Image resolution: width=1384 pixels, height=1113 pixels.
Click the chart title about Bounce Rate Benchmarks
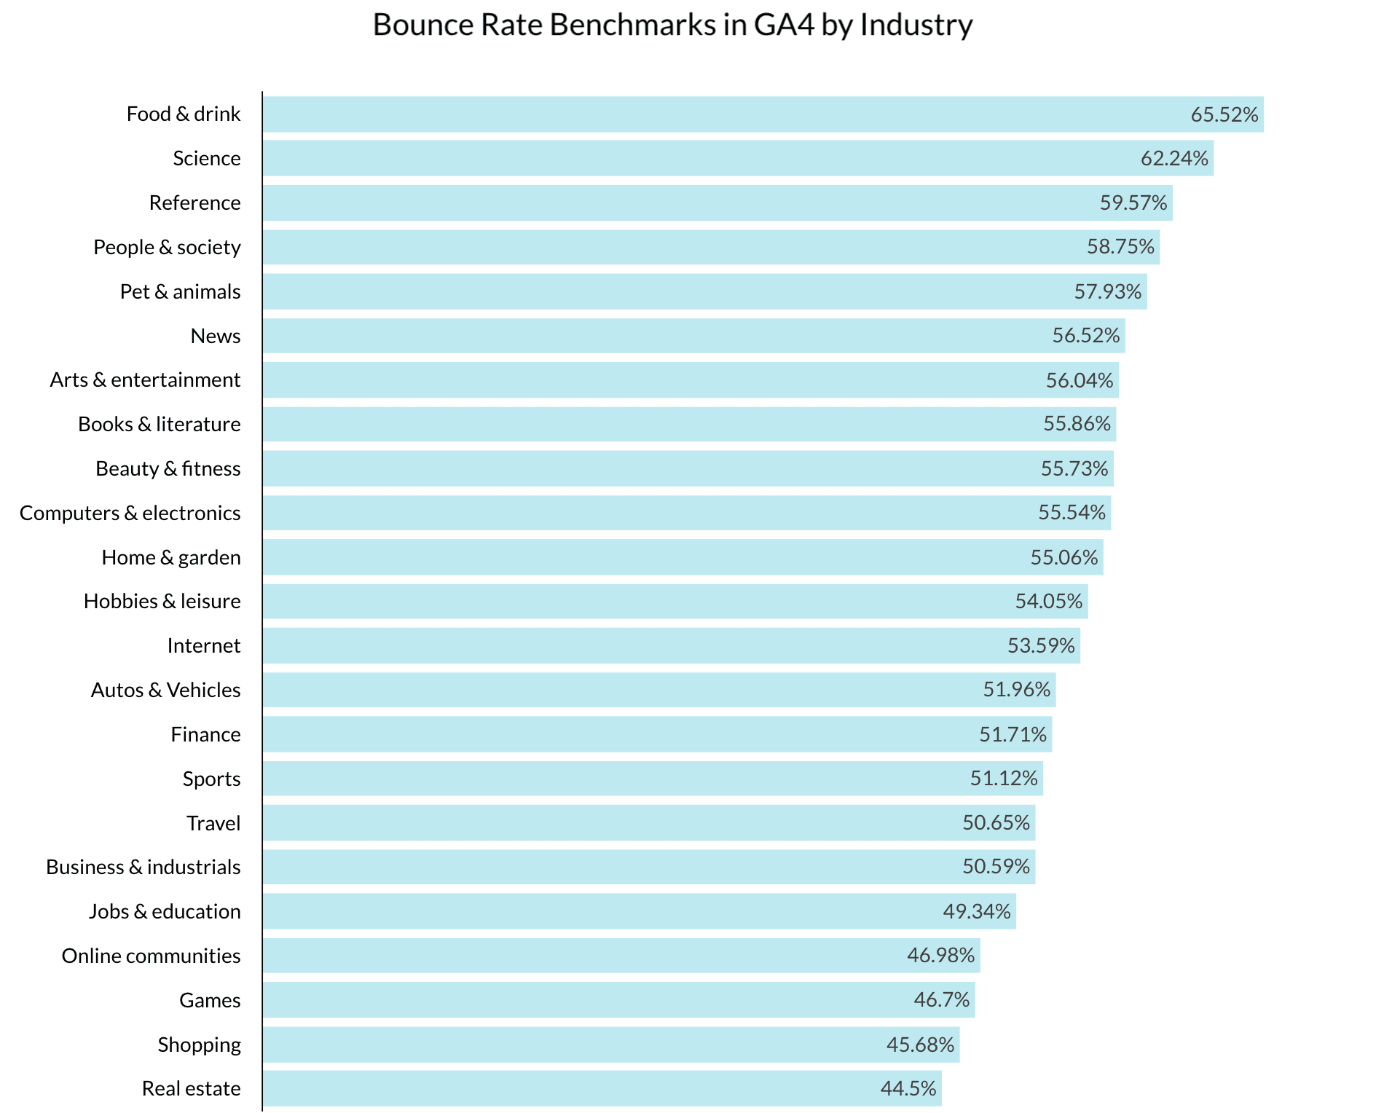point(672,25)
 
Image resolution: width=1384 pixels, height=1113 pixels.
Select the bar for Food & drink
point(728,114)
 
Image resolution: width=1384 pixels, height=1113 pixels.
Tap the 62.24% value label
point(1174,158)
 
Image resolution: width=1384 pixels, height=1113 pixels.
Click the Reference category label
point(194,202)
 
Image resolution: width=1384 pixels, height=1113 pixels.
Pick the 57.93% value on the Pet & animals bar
point(1107,291)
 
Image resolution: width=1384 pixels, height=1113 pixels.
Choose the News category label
point(216,336)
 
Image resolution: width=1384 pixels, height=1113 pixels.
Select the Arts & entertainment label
point(145,379)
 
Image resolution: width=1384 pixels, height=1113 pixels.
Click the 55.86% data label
point(1077,423)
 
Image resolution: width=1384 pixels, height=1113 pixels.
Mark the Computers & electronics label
point(130,513)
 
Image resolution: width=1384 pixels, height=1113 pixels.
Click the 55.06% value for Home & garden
point(1063,557)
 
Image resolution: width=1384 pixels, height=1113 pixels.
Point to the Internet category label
point(203,645)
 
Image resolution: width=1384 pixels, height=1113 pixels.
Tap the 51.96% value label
point(1016,689)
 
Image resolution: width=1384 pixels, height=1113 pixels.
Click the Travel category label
point(213,823)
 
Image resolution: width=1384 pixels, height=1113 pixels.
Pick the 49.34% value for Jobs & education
point(976,911)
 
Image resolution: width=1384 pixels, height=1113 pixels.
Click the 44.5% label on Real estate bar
point(908,1088)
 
